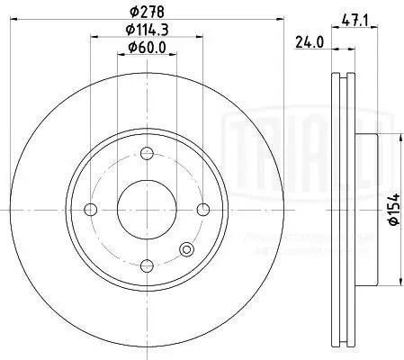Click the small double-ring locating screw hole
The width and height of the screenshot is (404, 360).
[x=187, y=250]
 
